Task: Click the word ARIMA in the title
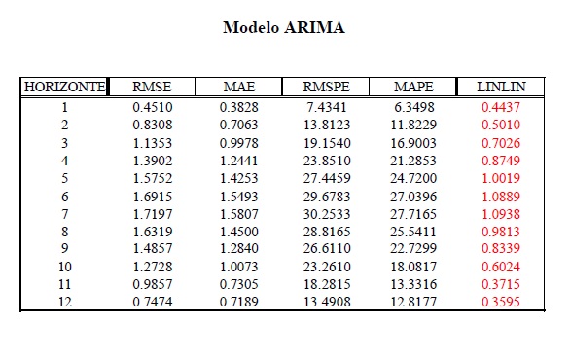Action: click(314, 27)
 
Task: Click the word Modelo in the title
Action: click(251, 27)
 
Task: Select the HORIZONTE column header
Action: click(65, 87)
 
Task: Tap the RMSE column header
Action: click(152, 87)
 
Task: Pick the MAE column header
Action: click(239, 87)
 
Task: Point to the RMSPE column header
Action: click(326, 87)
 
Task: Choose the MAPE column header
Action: click(413, 87)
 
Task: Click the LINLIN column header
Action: click(501, 87)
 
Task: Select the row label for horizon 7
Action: click(65, 214)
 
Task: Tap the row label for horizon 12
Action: click(65, 302)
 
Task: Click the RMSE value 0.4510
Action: click(152, 107)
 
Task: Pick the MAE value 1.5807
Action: click(239, 214)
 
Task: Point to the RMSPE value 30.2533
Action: click(327, 214)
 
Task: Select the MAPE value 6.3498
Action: click(414, 107)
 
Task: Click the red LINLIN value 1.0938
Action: click(501, 214)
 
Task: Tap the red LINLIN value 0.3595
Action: click(501, 302)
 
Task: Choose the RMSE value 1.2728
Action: click(152, 267)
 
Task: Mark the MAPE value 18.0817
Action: click(413, 267)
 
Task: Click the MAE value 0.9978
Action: click(239, 143)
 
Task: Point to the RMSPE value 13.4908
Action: click(327, 302)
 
